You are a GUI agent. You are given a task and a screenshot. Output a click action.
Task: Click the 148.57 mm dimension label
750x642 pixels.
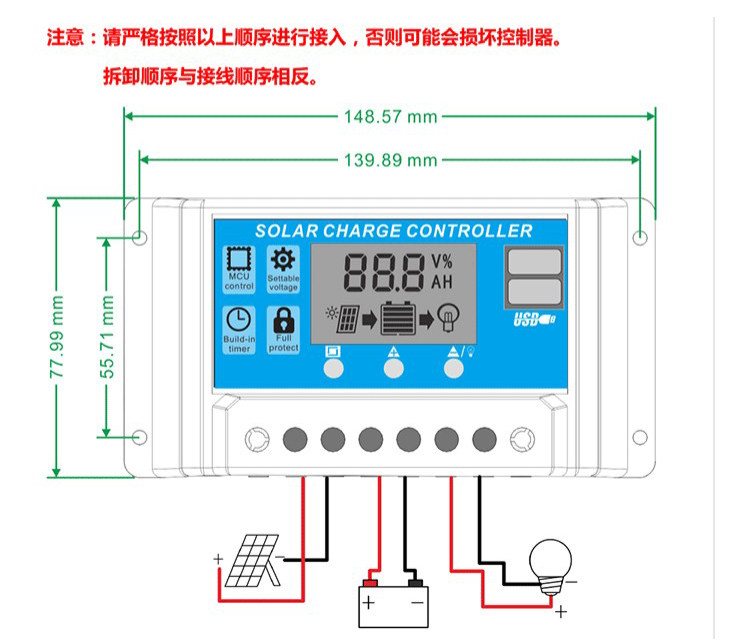pos(390,116)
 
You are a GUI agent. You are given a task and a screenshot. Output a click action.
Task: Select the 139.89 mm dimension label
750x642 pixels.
pos(390,160)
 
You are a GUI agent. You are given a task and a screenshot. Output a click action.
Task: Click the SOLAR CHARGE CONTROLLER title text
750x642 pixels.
pos(394,231)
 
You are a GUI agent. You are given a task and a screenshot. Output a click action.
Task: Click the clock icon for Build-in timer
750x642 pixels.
pos(239,321)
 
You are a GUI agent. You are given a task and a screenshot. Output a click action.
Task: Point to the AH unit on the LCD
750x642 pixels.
pos(441,282)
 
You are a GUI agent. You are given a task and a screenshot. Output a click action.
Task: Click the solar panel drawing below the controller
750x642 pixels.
pos(251,563)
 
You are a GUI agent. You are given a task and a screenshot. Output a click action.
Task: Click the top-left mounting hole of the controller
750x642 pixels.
pos(140,238)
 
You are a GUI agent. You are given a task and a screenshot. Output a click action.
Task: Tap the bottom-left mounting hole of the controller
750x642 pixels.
pos(140,436)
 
